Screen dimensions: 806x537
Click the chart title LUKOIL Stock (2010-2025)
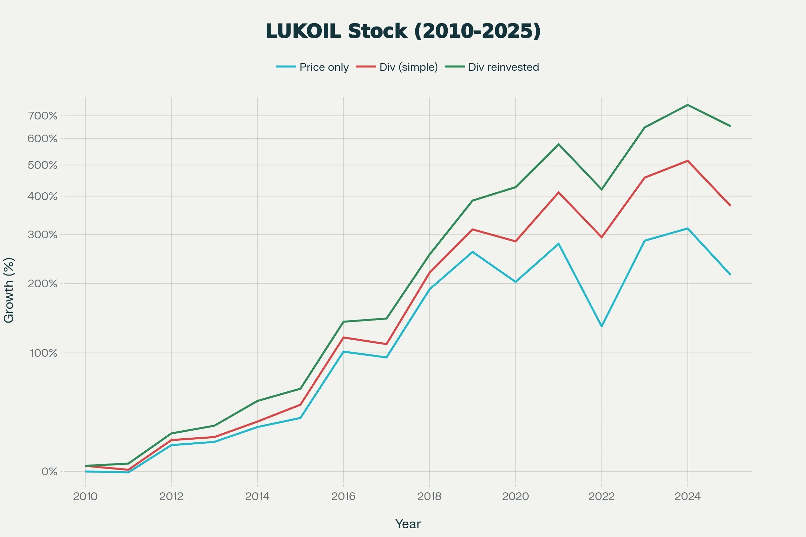[403, 31]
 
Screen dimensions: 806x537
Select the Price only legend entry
[313, 67]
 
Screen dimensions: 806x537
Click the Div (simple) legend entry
[397, 67]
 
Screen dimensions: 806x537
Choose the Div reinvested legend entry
[492, 67]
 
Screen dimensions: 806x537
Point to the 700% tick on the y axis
[43, 116]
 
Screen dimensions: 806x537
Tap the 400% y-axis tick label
[42, 196]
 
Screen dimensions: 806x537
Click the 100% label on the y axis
[44, 353]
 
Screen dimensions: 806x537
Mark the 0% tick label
[49, 472]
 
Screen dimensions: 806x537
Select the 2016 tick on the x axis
[343, 496]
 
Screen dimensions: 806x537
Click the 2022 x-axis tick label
[601, 496]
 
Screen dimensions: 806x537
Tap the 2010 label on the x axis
[85, 496]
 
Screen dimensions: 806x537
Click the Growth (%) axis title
[9, 290]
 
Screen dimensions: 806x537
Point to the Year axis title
[408, 524]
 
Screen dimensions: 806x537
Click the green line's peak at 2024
[687, 105]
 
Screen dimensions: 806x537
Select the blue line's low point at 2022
[601, 326]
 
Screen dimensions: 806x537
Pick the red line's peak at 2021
[558, 192]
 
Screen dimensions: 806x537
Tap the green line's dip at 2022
[601, 189]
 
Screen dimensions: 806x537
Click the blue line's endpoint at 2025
[730, 274]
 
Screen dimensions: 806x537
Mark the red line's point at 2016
[343, 337]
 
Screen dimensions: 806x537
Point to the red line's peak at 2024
[687, 161]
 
